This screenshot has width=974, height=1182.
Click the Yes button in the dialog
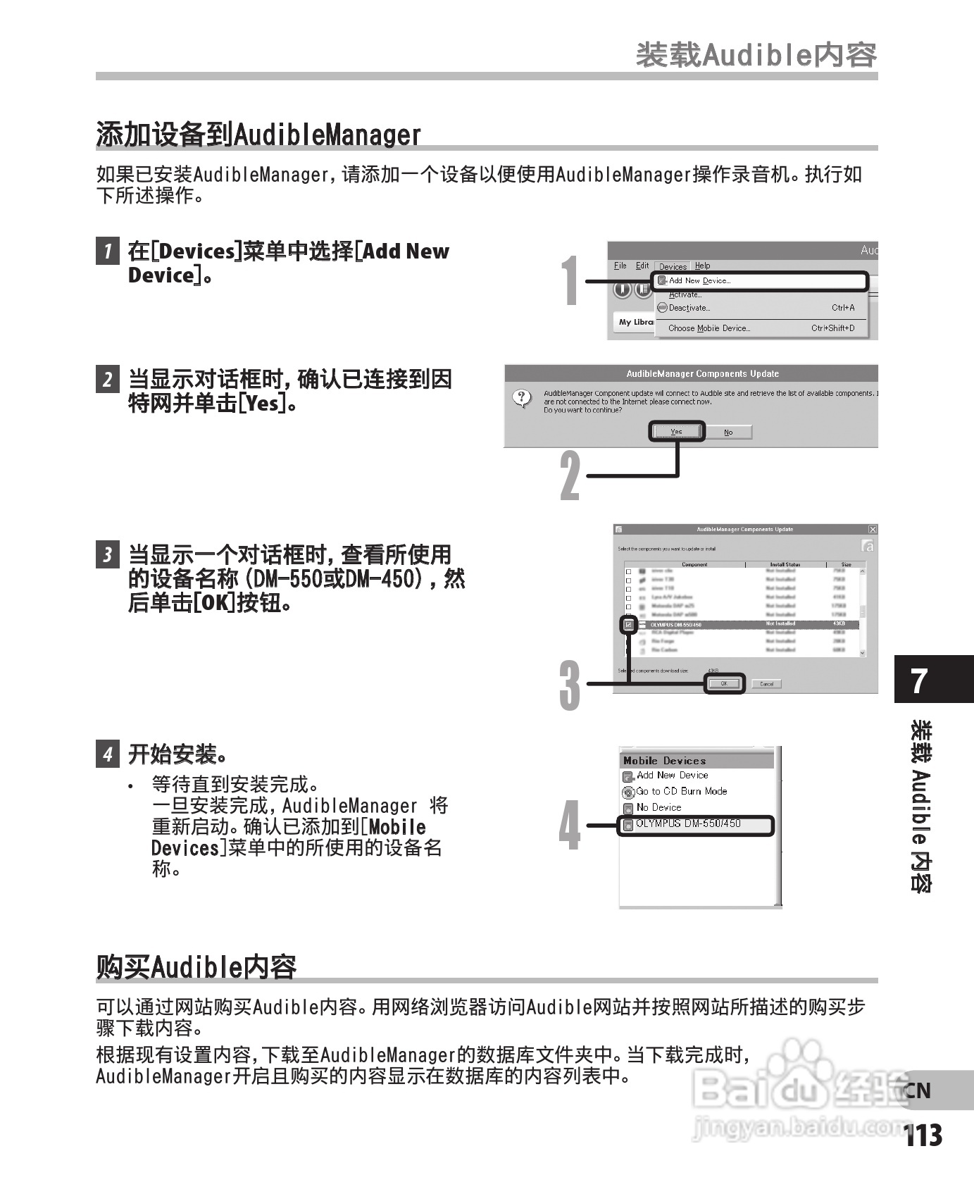(x=676, y=432)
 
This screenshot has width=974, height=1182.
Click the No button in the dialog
(x=728, y=432)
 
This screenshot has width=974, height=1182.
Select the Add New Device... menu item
(x=699, y=280)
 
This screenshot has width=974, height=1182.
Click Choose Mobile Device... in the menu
(x=708, y=328)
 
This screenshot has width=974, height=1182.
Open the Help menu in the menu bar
(x=702, y=266)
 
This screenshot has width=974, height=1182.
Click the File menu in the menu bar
(x=620, y=266)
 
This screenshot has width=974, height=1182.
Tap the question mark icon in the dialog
(x=522, y=398)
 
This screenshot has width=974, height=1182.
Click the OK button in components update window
(x=724, y=683)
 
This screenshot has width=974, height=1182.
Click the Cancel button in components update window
(x=766, y=683)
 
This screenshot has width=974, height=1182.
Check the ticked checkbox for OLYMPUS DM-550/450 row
(x=628, y=624)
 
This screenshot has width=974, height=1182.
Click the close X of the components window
(x=872, y=529)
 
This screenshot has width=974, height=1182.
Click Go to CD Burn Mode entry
(x=681, y=791)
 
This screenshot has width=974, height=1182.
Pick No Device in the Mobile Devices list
(x=658, y=807)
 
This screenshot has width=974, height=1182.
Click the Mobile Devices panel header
(x=664, y=761)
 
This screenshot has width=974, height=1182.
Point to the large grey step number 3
(x=570, y=685)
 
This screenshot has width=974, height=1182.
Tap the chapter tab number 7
(x=919, y=680)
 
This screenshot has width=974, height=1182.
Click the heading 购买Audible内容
(x=196, y=966)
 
